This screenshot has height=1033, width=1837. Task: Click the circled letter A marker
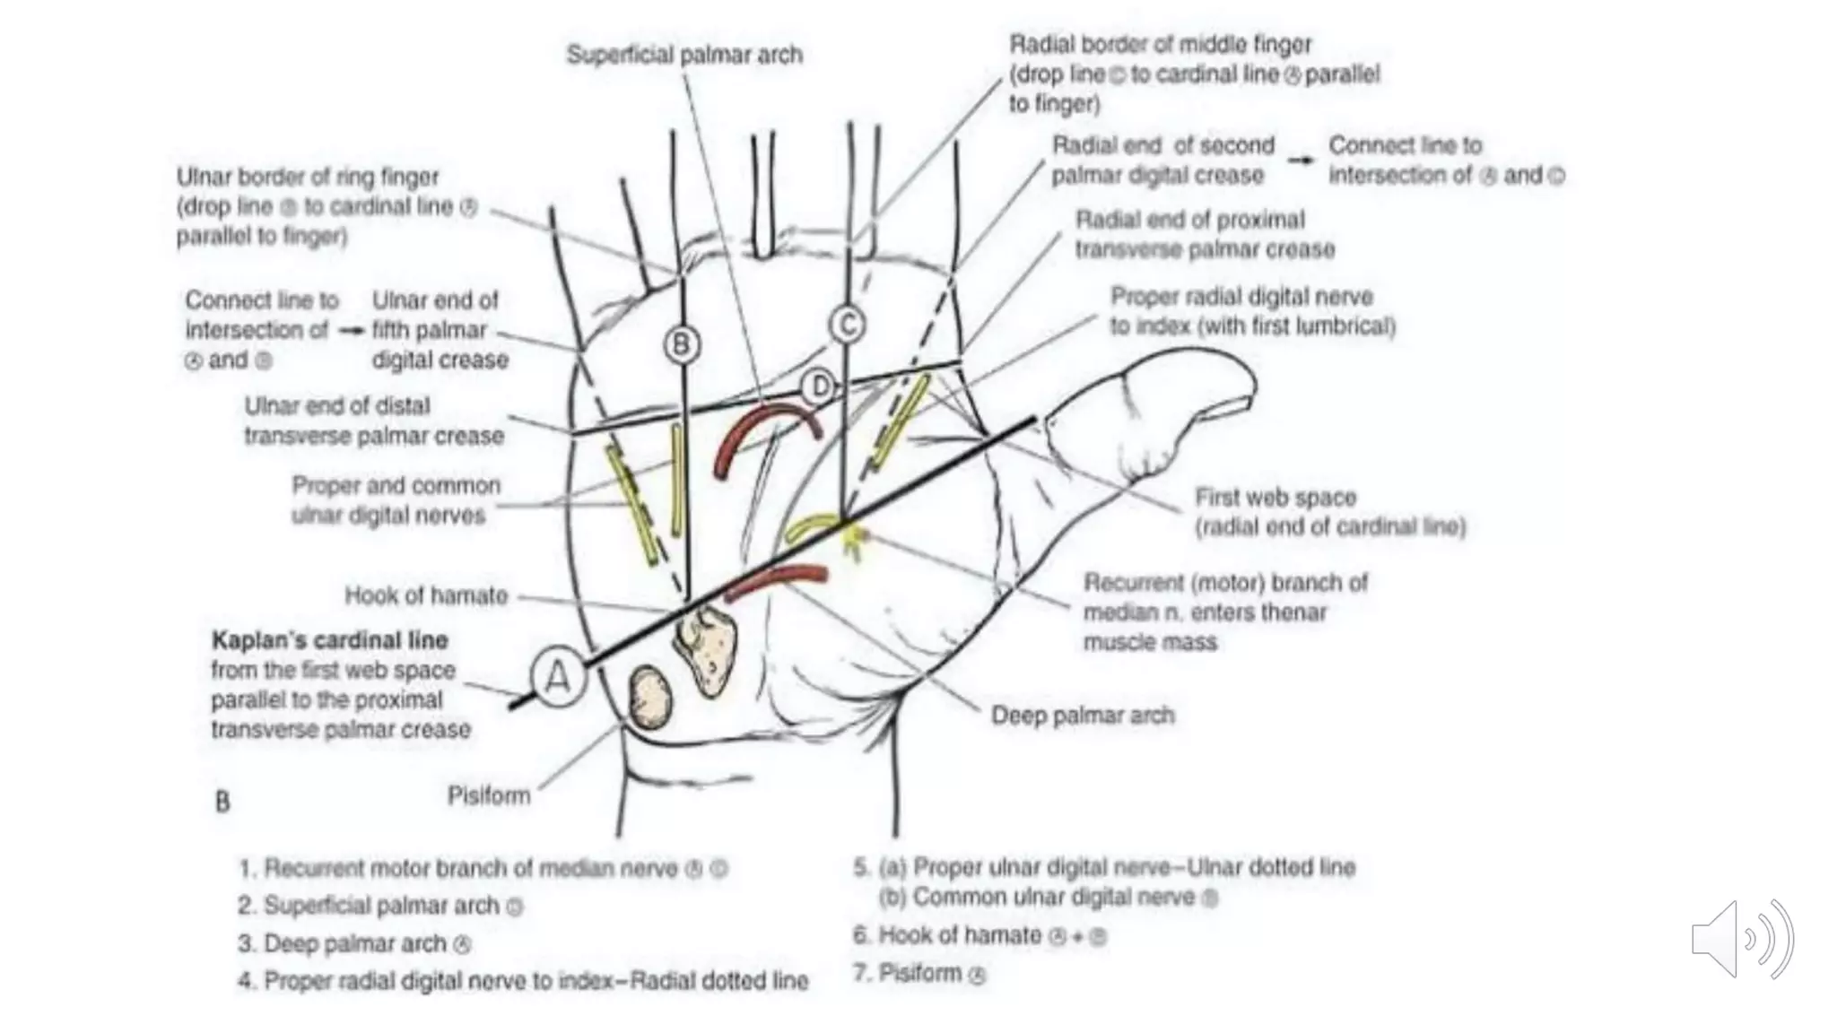point(558,677)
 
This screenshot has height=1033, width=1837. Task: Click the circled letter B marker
point(682,344)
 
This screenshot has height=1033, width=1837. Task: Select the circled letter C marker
point(847,325)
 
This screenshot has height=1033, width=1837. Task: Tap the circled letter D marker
point(818,387)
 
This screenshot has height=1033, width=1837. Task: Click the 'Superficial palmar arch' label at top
point(684,55)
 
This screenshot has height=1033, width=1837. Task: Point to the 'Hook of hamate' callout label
point(426,595)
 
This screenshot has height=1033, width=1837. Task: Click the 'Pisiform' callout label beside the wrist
point(489,795)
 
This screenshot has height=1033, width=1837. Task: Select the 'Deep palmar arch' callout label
point(1082,716)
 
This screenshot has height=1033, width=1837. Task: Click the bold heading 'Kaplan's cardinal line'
point(330,640)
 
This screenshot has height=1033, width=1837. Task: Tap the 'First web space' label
point(1275,498)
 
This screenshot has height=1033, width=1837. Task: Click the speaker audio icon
point(1740,939)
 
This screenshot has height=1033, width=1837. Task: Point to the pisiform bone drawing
point(650,696)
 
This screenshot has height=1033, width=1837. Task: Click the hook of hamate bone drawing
point(707,647)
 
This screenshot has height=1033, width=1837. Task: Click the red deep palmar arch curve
point(777,581)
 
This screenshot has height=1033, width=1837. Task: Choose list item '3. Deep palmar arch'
point(354,944)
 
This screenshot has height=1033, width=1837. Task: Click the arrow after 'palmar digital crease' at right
point(1301,161)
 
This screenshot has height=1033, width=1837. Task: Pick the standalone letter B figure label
point(222,801)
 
